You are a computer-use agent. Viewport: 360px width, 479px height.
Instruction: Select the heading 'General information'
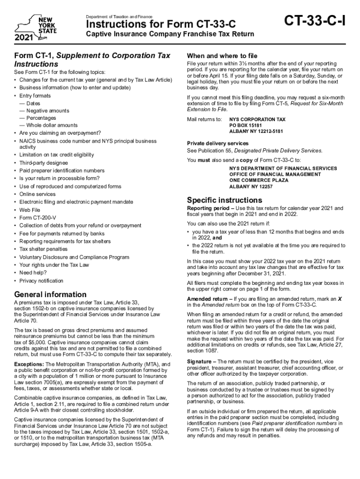[x=50, y=295]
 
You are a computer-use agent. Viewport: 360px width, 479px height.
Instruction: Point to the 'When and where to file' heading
[x=222, y=55]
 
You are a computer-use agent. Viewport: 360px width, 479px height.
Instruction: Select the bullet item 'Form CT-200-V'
[x=37, y=218]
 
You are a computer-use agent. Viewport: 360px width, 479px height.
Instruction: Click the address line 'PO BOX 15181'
[x=245, y=125]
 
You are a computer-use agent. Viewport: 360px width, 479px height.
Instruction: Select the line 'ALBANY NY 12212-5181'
[x=256, y=131]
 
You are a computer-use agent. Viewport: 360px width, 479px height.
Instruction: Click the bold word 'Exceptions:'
[x=29, y=364]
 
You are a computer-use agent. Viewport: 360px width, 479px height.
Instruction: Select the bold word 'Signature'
[x=200, y=362]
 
